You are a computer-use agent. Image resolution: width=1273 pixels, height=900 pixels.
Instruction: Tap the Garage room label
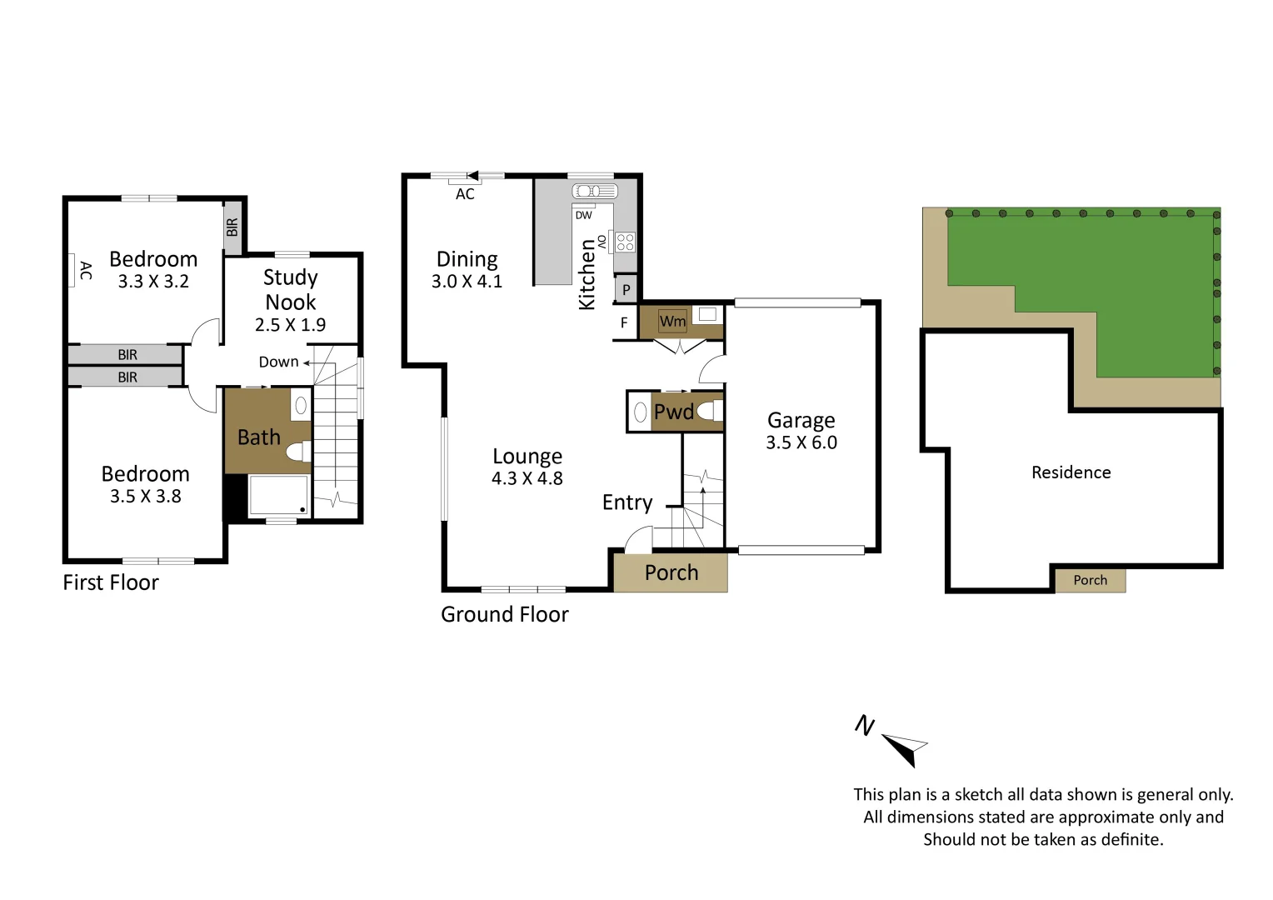coord(801,420)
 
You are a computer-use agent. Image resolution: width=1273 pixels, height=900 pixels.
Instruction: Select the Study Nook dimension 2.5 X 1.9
coord(290,325)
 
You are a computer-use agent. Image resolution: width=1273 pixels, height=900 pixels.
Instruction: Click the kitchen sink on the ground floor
coord(592,192)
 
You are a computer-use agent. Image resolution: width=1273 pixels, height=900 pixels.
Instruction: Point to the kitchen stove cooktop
coord(624,242)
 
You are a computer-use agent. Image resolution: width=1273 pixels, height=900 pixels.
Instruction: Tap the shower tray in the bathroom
coord(278,495)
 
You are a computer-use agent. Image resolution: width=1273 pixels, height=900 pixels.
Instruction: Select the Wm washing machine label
coord(672,321)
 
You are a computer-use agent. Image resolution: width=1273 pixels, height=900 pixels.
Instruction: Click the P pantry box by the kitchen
coord(626,291)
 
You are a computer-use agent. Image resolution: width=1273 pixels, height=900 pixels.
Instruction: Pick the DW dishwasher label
coord(583,215)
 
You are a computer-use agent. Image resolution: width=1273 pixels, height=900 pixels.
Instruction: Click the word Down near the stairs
coord(278,362)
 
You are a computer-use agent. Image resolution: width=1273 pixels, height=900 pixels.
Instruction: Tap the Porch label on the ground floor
coord(671,572)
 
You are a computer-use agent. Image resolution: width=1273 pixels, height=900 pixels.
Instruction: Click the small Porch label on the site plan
coord(1090,580)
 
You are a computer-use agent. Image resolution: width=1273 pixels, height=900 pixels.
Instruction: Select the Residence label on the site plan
coord(1071,472)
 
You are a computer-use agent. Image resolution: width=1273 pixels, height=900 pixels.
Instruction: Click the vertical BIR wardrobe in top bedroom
coord(232,227)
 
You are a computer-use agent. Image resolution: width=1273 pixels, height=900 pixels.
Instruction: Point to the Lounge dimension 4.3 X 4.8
coord(527,478)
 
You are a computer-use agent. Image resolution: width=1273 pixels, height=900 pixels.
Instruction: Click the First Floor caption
coord(111,582)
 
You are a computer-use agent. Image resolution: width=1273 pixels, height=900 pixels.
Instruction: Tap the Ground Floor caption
coord(504,614)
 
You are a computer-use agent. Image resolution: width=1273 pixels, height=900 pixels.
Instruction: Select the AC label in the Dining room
coord(465,194)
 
